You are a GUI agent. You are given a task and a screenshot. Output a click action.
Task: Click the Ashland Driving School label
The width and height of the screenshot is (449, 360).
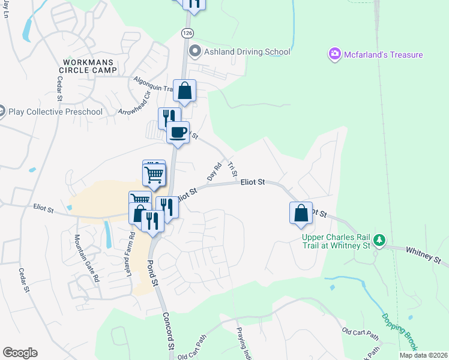(247, 52)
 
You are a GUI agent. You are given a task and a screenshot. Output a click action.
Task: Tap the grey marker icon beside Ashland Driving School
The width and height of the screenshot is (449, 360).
(194, 52)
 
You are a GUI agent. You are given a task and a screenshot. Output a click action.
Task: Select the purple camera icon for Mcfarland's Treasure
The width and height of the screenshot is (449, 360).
(334, 55)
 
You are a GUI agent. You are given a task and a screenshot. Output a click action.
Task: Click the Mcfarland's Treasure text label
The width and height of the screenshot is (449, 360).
(383, 55)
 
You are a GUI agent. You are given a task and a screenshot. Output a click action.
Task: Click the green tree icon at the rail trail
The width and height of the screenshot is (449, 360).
(379, 241)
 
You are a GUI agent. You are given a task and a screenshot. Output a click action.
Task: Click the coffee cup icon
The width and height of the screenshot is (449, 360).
(178, 132)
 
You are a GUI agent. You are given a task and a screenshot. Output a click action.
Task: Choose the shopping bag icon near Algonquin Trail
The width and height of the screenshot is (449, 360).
(185, 91)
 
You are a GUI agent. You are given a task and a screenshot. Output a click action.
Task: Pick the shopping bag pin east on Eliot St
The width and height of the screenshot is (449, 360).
(301, 213)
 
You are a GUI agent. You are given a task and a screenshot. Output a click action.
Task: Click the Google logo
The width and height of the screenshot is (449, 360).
(20, 353)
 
